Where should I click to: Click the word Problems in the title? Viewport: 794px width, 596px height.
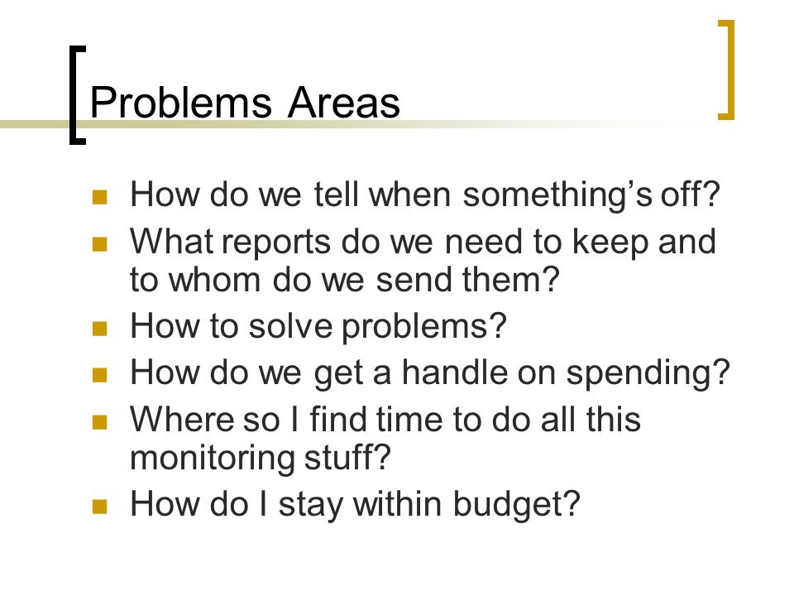tap(181, 103)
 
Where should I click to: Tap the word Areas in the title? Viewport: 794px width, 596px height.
tap(344, 103)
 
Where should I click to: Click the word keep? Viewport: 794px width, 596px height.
tap(610, 243)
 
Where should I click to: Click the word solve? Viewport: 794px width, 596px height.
tap(290, 326)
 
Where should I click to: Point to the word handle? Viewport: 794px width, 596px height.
tap(454, 372)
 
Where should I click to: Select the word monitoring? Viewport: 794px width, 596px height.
tap(213, 459)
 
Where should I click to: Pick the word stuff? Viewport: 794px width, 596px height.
tap(347, 457)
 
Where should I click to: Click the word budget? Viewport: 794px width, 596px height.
tap(516, 505)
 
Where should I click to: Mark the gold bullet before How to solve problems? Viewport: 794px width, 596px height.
tap(100, 329)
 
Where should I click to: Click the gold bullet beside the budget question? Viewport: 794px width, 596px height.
tap(100, 507)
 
